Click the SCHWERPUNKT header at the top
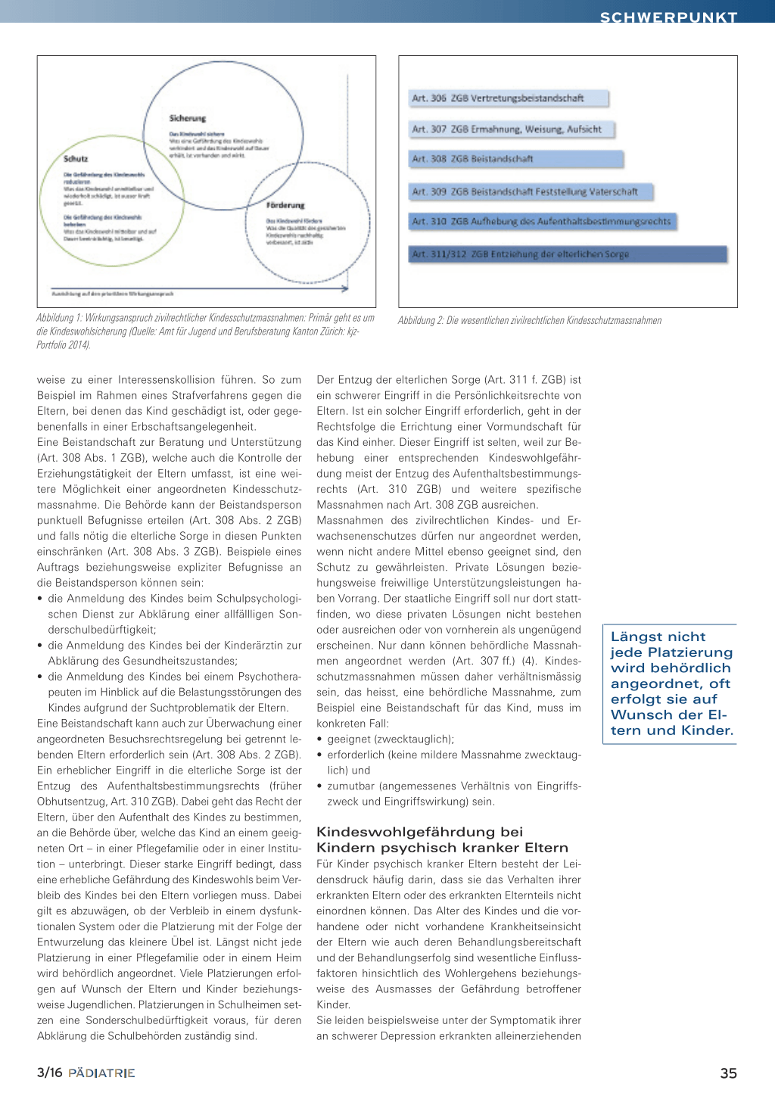[x=668, y=17]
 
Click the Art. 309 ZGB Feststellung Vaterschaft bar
[x=531, y=192]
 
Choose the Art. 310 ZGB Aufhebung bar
[x=542, y=222]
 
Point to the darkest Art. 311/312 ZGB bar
[x=568, y=254]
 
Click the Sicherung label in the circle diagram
[x=188, y=119]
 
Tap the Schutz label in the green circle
[x=76, y=159]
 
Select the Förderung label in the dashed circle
[x=285, y=205]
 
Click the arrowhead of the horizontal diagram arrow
[x=345, y=288]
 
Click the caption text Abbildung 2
[x=421, y=321]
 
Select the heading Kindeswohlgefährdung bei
[x=419, y=832]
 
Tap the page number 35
[x=728, y=1073]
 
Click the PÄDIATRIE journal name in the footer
[x=101, y=1073]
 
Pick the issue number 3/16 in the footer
[x=49, y=1073]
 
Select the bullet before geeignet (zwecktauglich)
[x=320, y=739]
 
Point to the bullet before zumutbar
[x=320, y=786]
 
